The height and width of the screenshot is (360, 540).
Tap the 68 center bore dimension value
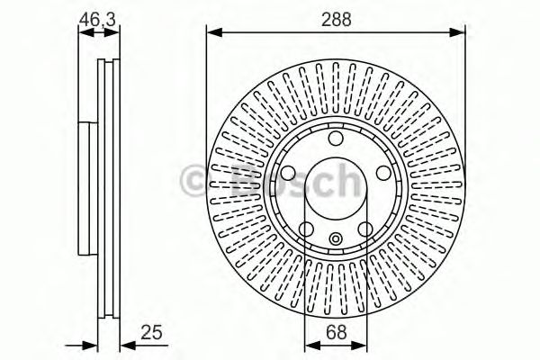pos(336,333)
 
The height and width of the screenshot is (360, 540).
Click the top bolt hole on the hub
pos(335,139)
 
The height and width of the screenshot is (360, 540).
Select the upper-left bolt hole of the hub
pos(288,173)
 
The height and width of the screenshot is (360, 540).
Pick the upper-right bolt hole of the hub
pos(382,173)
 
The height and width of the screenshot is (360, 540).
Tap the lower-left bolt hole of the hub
pos(306,229)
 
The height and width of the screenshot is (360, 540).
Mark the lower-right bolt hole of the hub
pos(364,229)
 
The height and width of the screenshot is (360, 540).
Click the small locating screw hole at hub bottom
pos(336,238)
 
